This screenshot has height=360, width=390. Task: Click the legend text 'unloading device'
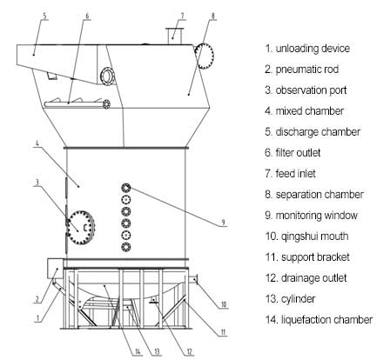pos(313,49)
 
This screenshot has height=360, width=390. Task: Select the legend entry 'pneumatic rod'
pos(307,70)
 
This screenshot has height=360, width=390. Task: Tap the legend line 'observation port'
pos(311,90)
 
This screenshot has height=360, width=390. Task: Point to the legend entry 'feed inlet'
pos(295,174)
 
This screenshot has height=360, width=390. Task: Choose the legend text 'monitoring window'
pos(316,216)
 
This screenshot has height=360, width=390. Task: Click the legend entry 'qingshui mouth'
pos(314,237)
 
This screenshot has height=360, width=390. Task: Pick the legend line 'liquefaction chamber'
pos(326,320)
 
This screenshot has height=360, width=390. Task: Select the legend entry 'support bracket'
pos(315,257)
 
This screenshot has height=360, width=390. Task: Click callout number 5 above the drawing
pos(44,16)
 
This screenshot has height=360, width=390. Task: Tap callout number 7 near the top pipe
pos(182,16)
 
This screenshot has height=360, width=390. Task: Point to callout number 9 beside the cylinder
pos(223,223)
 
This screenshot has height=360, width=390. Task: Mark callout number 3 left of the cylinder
pos(37,183)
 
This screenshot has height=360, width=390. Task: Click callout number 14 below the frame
pos(138,352)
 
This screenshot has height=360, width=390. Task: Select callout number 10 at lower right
pos(224,304)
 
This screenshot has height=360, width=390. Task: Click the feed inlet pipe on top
pos(174,36)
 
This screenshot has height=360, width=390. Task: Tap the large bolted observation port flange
pos(81,228)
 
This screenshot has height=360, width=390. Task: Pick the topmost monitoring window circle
pos(126,188)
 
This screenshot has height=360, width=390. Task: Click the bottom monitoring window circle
pos(126,247)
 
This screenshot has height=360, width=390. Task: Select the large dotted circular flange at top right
pos(205,56)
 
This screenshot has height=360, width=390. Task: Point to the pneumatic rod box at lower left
pos(55,269)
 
